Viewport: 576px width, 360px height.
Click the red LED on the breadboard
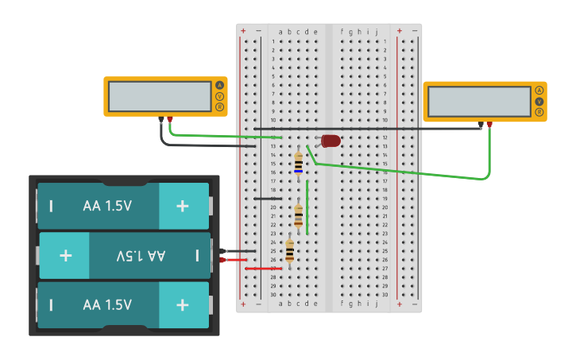pyautogui.click(x=331, y=141)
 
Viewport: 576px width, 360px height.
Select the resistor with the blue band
pyautogui.click(x=298, y=162)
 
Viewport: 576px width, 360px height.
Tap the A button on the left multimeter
pyautogui.click(x=219, y=85)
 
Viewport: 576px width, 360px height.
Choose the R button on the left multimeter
pyautogui.click(x=219, y=106)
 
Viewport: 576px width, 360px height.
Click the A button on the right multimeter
pyautogui.click(x=539, y=91)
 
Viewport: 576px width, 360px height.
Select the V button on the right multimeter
pyautogui.click(x=539, y=102)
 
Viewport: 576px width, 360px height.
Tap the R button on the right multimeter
pyautogui.click(x=539, y=112)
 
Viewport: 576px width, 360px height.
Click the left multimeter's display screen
pyautogui.click(x=160, y=96)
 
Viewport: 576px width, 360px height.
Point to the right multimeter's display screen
pyautogui.click(x=479, y=102)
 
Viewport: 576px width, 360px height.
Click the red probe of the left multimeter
pyautogui.click(x=170, y=121)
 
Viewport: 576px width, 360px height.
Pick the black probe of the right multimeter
pyautogui.click(x=481, y=124)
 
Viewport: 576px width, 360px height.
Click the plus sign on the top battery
pyautogui.click(x=183, y=206)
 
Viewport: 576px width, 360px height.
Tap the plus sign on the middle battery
pyautogui.click(x=65, y=256)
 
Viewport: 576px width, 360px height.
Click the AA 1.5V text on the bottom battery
pyautogui.click(x=107, y=304)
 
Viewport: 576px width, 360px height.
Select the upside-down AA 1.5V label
pyautogui.click(x=141, y=256)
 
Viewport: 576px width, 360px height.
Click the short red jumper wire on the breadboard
pyautogui.click(x=262, y=269)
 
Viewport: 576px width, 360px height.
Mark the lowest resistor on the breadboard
pyautogui.click(x=289, y=251)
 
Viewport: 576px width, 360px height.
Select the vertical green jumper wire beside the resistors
pyautogui.click(x=307, y=207)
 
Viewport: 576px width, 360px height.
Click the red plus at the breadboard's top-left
pyautogui.click(x=243, y=31)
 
